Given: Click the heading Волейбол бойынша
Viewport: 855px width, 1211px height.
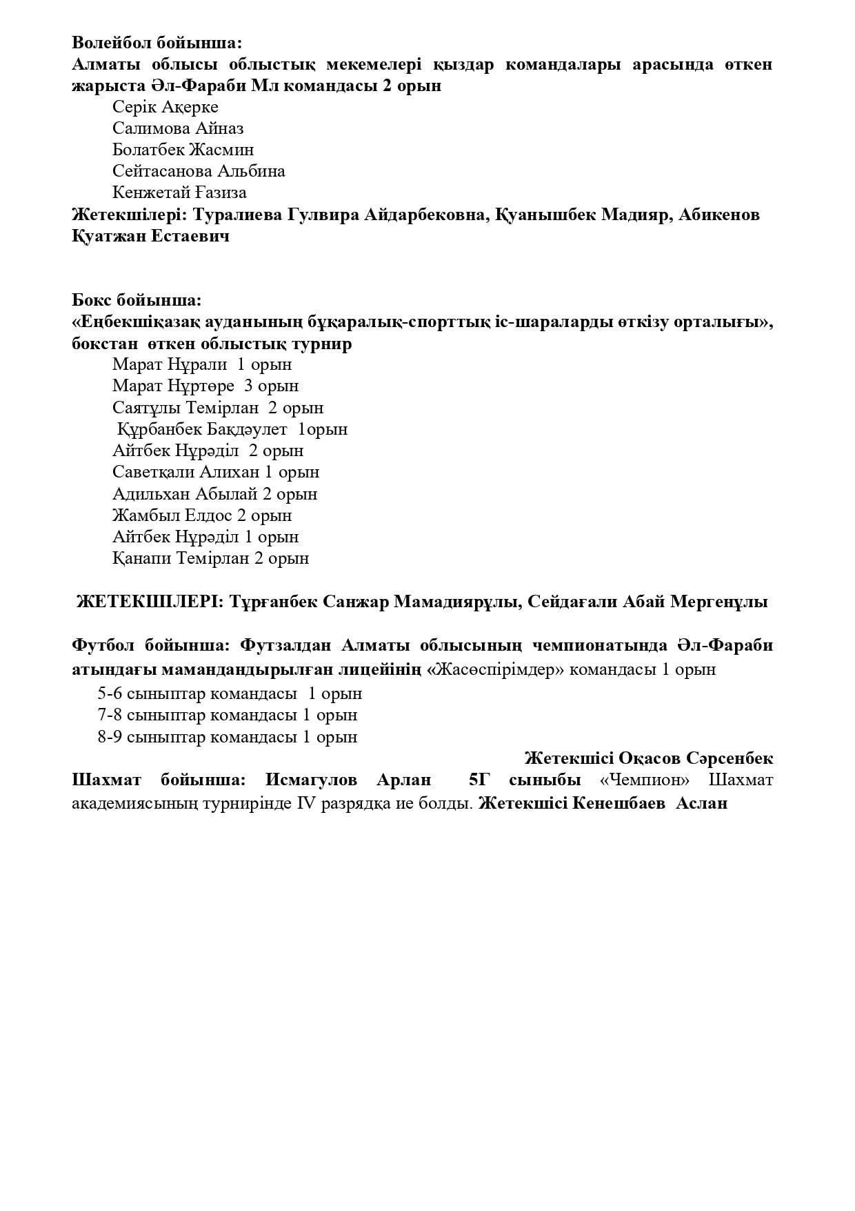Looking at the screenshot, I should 157,42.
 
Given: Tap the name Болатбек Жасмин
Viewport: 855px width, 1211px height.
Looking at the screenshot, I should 183,150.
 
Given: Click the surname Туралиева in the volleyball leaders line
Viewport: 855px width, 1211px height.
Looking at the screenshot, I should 236,215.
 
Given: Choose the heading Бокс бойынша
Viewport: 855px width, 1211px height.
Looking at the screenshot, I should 137,300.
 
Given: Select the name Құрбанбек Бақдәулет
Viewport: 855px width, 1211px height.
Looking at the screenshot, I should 202,429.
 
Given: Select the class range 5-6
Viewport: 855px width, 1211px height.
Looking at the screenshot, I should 110,693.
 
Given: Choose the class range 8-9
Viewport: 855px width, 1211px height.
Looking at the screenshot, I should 110,737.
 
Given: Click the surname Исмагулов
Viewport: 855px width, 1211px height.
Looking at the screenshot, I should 311,780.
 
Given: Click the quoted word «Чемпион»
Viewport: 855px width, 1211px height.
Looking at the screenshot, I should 645,780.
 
